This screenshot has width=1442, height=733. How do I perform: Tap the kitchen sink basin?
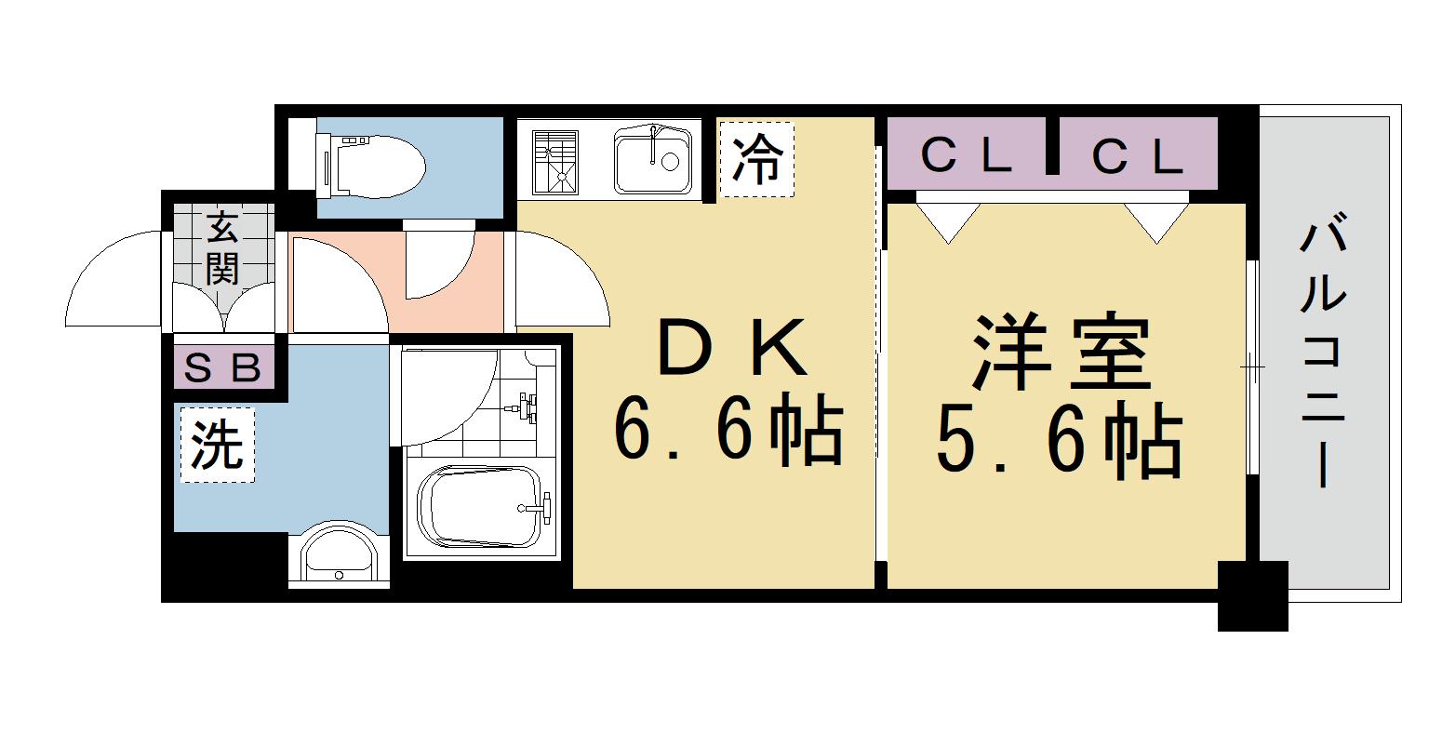652,159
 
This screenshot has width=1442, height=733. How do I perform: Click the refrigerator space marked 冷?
756,159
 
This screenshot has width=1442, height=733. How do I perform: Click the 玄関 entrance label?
222,247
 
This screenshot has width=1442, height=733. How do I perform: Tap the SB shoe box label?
222,369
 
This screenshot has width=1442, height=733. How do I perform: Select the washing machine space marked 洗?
217,446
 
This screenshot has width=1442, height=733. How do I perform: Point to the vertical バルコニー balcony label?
1322,354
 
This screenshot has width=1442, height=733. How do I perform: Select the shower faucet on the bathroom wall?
526,406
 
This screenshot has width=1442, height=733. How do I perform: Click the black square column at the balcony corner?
1253,596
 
